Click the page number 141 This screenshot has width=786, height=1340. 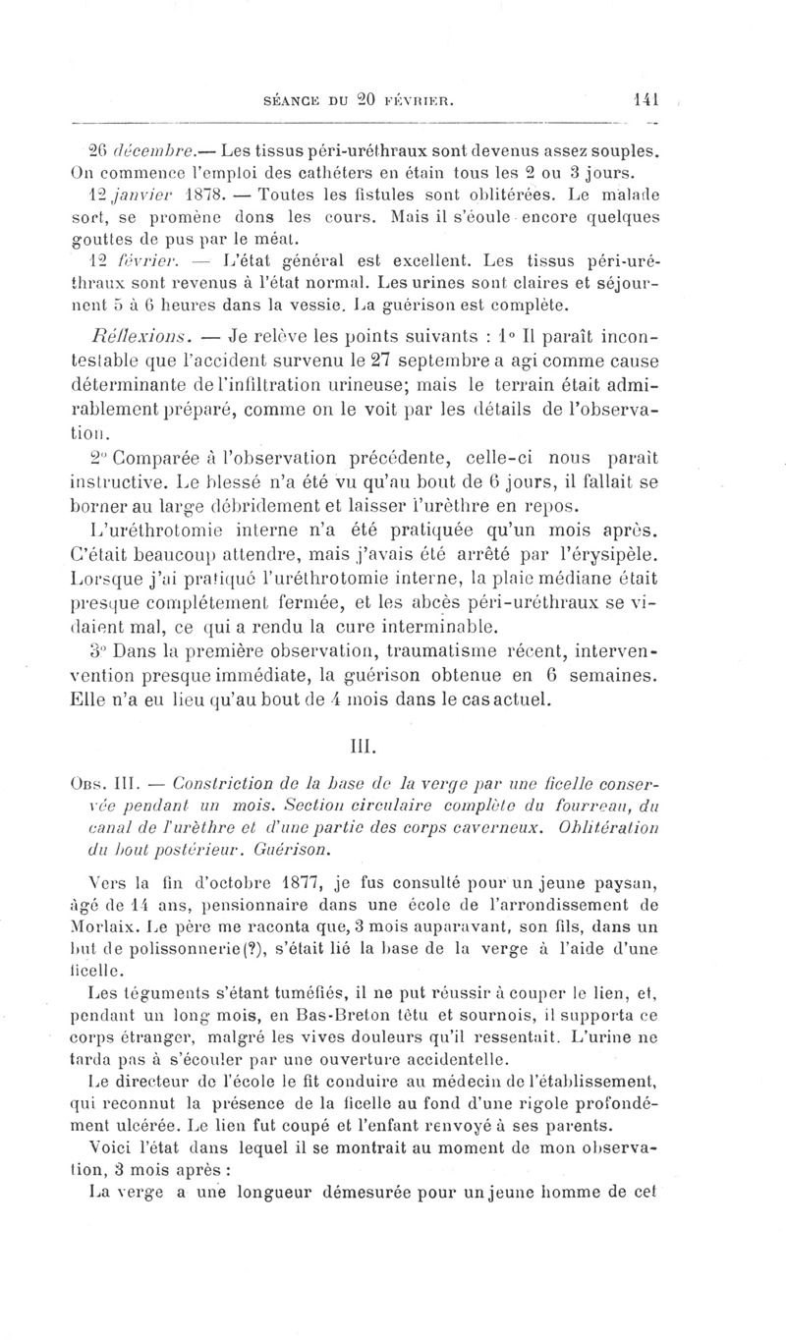pyautogui.click(x=645, y=98)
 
